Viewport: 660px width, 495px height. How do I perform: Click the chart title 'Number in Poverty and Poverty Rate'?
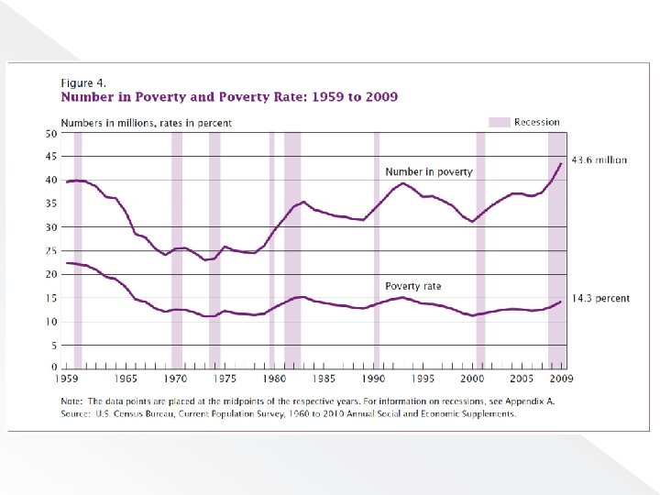click(229, 96)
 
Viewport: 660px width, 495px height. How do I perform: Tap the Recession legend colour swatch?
click(499, 122)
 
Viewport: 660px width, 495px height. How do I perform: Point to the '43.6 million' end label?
click(599, 159)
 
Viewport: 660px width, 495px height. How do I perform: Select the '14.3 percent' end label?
click(600, 299)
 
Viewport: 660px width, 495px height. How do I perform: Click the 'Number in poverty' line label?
click(428, 171)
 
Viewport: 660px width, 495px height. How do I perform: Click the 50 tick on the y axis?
click(51, 133)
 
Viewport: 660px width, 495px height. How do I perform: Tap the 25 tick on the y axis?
click(51, 251)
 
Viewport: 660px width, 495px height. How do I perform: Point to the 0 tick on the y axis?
click(54, 368)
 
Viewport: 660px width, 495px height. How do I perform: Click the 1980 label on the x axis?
click(273, 379)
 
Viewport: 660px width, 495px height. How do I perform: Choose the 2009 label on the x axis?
click(561, 379)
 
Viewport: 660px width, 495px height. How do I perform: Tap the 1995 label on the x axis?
click(423, 379)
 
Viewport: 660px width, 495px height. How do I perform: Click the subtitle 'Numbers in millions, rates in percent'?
click(146, 123)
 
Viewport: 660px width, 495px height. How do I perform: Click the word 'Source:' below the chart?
click(76, 413)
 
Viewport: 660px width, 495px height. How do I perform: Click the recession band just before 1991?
click(376, 247)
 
